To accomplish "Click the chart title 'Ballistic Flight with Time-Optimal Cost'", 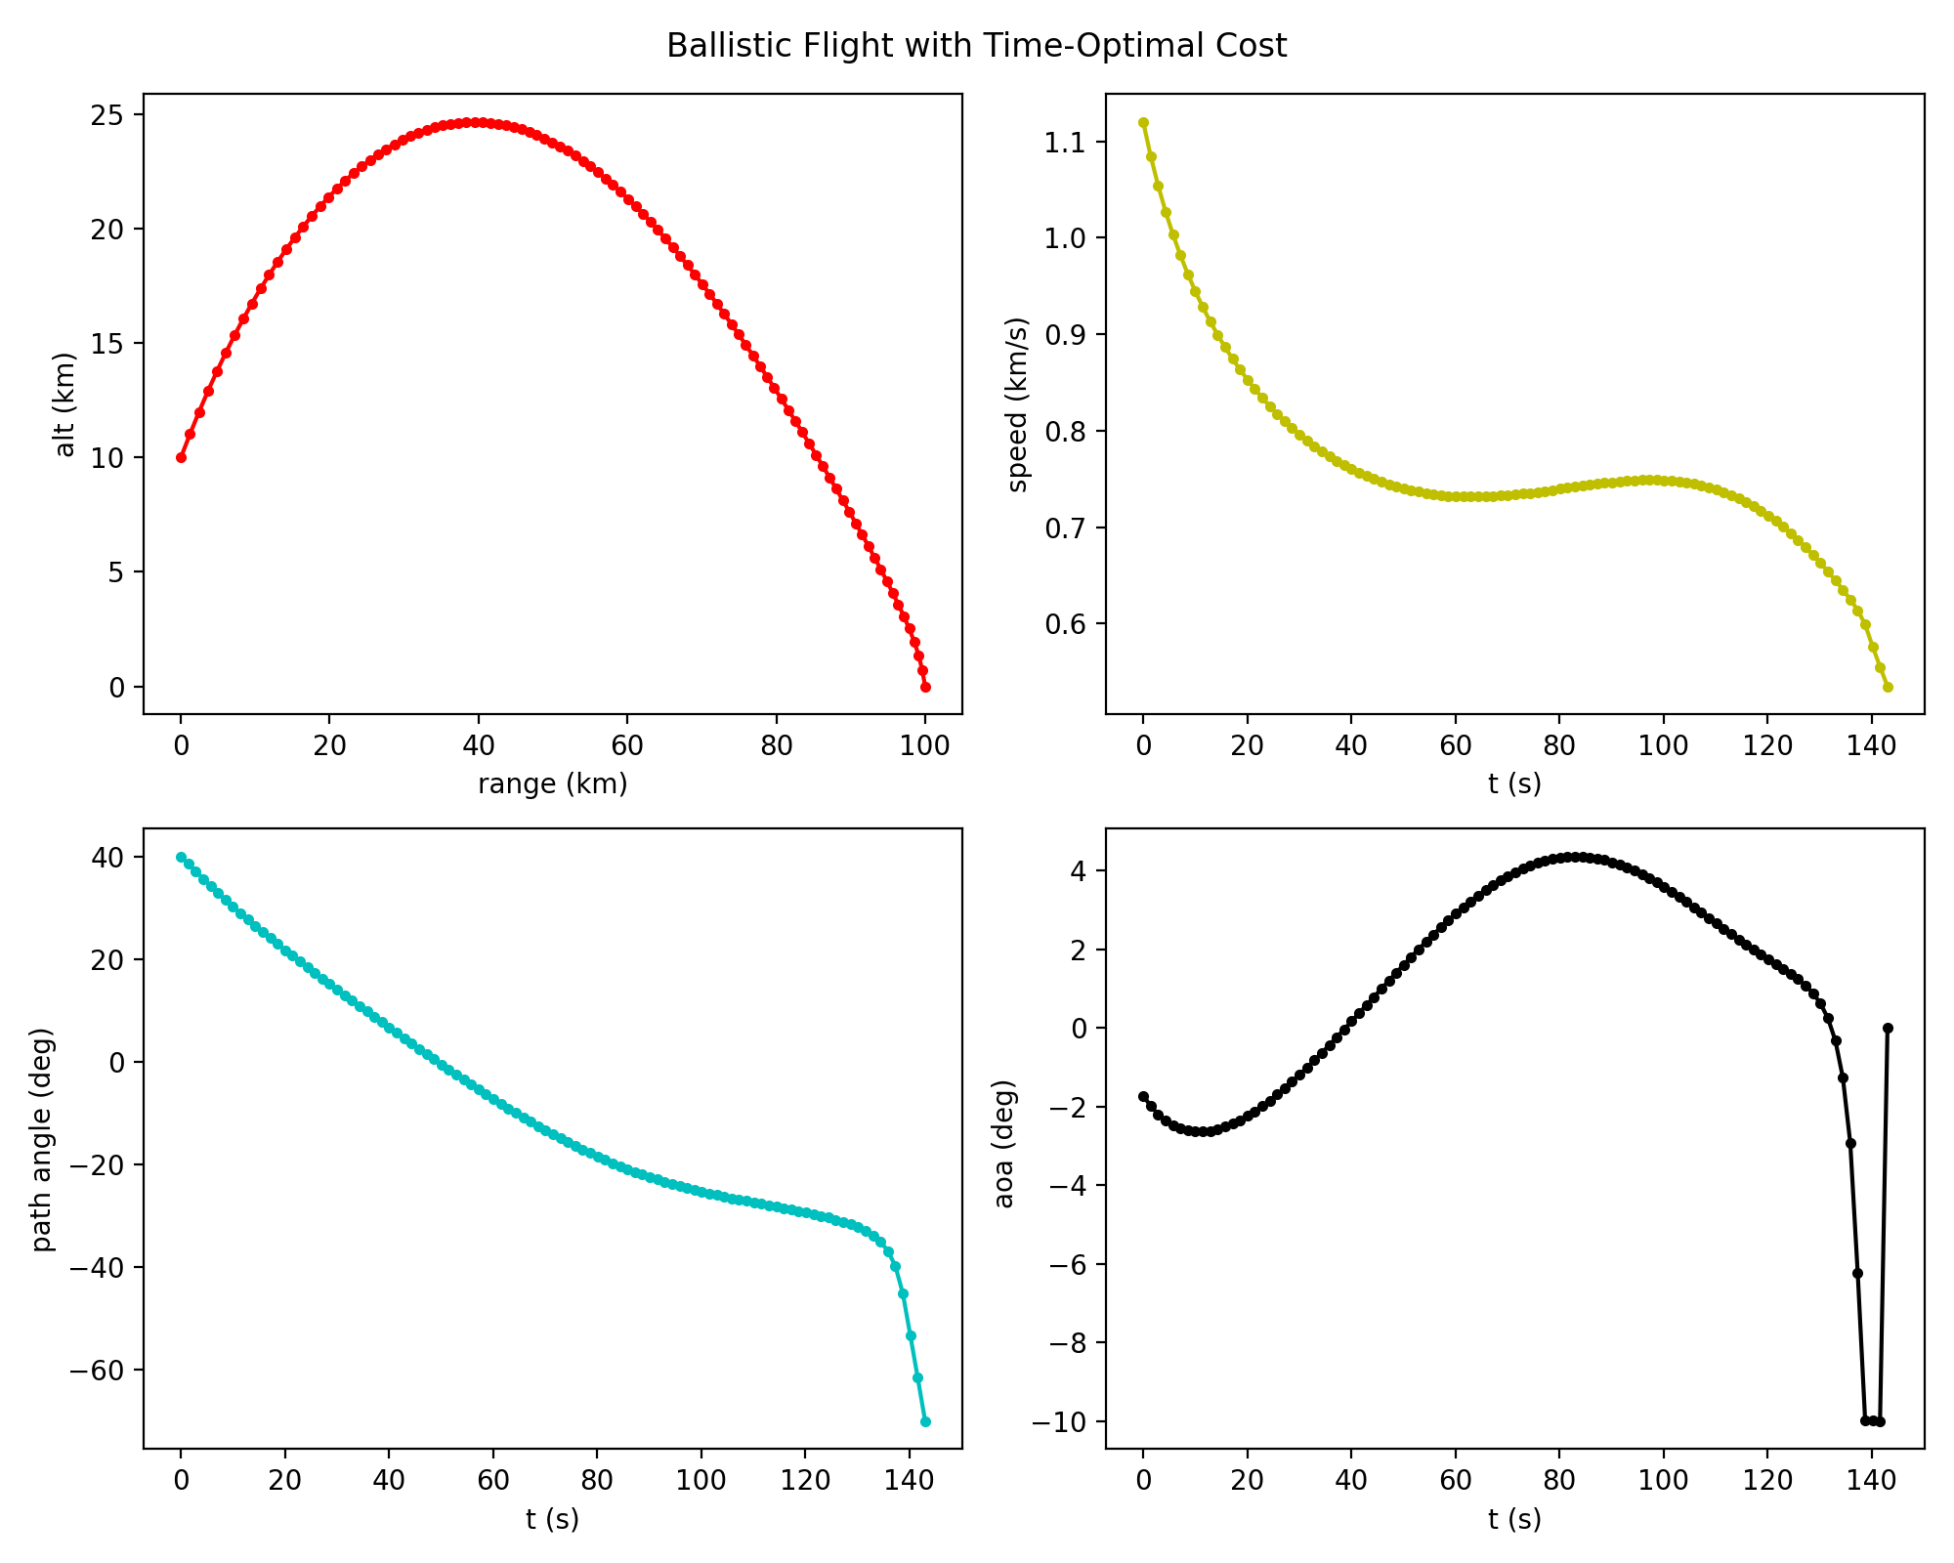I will click(976, 46).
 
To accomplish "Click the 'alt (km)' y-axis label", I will click(65, 404).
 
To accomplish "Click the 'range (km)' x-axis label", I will click(552, 783).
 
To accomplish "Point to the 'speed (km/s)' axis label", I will click(1018, 404).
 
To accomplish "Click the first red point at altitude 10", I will click(181, 457).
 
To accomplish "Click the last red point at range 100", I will click(925, 688).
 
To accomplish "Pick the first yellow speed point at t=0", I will click(1143, 123).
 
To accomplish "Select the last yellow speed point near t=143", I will click(1888, 688).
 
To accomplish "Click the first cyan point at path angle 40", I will click(181, 857).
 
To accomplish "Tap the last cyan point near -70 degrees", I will click(925, 1421).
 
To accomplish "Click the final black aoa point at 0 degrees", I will click(1888, 1028).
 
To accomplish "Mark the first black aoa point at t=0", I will click(1143, 1097).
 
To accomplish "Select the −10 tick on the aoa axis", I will click(1063, 1421).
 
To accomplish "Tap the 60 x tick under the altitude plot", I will click(627, 744).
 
